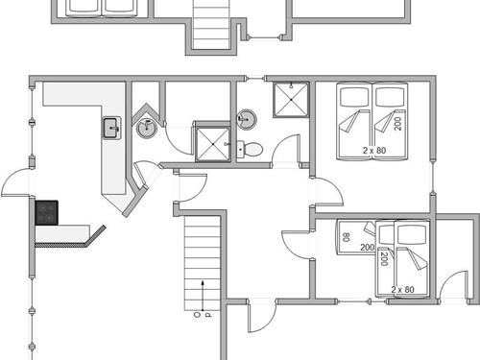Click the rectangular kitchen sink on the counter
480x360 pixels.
point(110,128)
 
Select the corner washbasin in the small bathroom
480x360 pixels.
point(145,127)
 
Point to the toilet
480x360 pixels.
point(251,149)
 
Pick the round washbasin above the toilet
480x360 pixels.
point(247,120)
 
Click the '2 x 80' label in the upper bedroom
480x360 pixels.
point(375,151)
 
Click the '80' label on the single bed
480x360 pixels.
point(345,237)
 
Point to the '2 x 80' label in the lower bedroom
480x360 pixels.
point(403,289)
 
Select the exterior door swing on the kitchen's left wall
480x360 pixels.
point(17,182)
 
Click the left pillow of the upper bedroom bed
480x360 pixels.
point(353,97)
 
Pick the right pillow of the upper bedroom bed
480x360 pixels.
point(389,97)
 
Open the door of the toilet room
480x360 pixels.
point(285,152)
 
